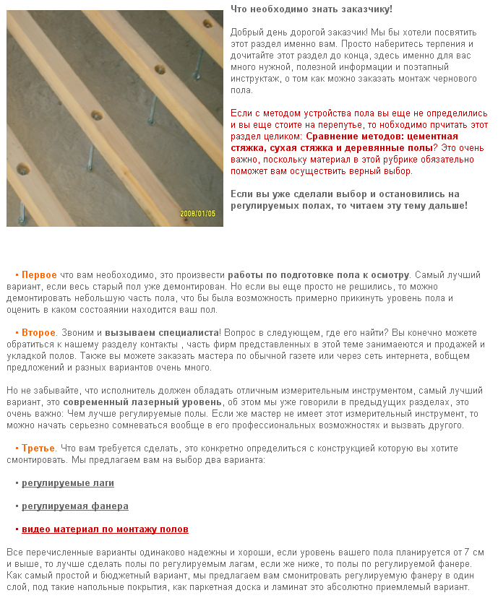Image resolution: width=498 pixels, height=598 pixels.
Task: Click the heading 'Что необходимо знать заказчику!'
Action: click(312, 9)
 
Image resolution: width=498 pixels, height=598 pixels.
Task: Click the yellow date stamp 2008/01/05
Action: click(198, 214)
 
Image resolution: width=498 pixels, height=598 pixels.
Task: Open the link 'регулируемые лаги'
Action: click(68, 483)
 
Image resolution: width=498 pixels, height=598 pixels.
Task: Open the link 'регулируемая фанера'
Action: click(75, 506)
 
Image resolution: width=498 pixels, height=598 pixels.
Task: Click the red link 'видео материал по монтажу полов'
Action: click(105, 529)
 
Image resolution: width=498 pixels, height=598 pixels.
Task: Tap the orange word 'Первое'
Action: click(39, 275)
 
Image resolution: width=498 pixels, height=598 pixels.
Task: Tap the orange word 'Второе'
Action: click(38, 333)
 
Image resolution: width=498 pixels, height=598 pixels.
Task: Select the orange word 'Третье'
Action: click(38, 448)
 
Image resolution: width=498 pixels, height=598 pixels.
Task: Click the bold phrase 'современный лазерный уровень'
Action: click(142, 402)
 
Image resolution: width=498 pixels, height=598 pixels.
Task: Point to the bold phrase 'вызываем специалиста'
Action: click(162, 333)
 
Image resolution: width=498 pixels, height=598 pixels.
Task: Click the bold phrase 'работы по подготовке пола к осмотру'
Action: click(319, 275)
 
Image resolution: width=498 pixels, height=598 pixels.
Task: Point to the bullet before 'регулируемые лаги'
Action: click(17, 483)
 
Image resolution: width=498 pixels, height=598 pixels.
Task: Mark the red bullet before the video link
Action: click(17, 529)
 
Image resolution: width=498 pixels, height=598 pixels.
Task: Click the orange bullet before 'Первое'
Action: click(17, 275)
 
